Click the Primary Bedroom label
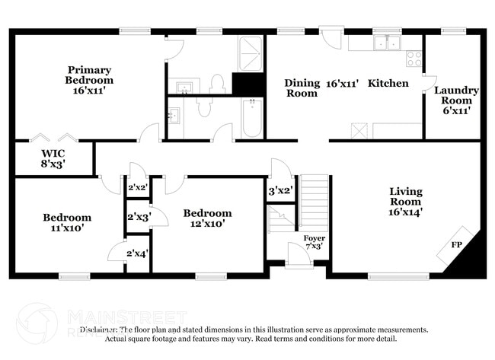(89, 80)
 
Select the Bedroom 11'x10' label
(66, 222)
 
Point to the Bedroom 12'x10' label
(207, 218)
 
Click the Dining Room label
(301, 88)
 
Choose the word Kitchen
(388, 83)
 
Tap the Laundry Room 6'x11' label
(456, 100)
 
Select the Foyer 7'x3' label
(313, 243)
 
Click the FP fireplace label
(456, 245)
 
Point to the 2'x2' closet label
(137, 187)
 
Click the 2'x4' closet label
(137, 253)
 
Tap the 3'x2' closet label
(280, 190)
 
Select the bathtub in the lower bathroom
(251, 119)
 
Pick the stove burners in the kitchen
(414, 58)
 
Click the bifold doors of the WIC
(53, 139)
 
